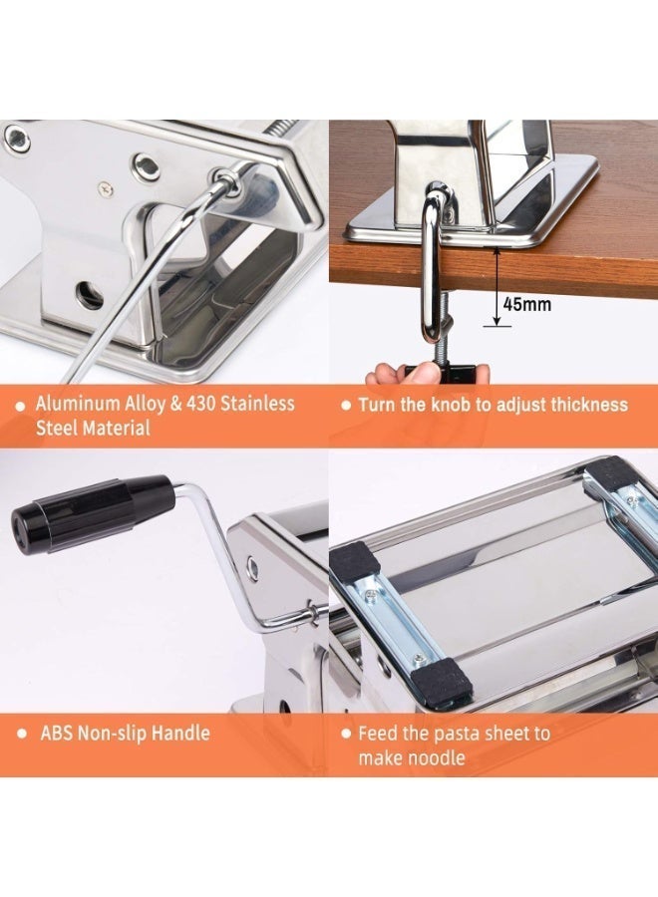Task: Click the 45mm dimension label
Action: (525, 305)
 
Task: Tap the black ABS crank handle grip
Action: (95, 511)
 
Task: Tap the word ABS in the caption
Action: (58, 734)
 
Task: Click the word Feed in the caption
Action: (379, 734)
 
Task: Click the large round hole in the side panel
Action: (91, 295)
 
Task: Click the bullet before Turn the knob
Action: (345, 406)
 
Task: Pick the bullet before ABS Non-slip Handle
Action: (20, 735)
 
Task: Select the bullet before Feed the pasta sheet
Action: (345, 735)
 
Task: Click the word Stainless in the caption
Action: (254, 405)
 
